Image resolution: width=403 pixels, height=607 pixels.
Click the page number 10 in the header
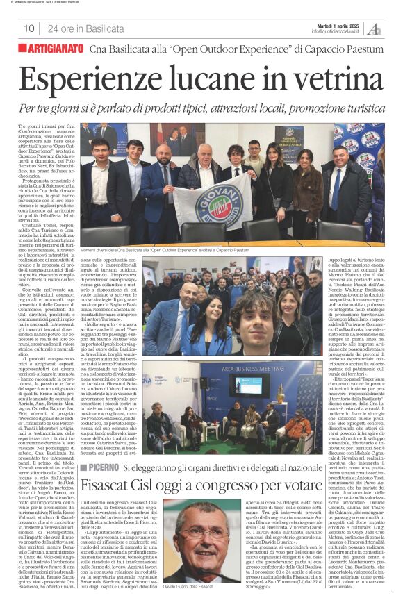coord(28,28)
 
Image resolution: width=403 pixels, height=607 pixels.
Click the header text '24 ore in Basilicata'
coord(82,28)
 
